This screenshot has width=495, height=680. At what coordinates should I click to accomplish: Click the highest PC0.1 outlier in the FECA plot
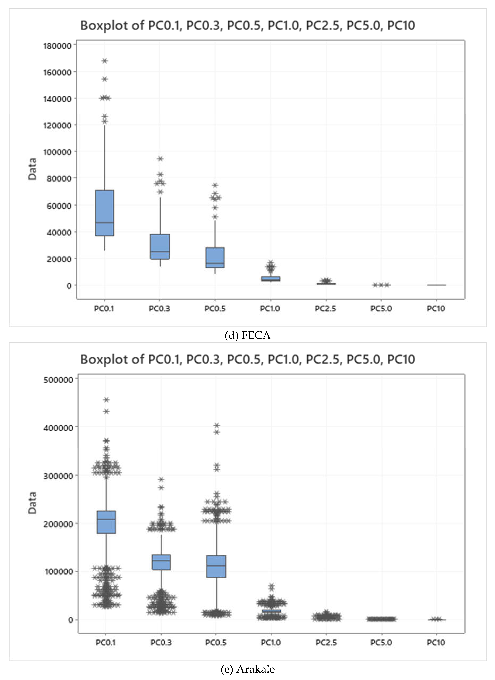[105, 61]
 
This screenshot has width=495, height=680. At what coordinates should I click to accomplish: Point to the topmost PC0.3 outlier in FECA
[160, 159]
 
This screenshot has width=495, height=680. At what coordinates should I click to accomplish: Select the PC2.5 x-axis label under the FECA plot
[325, 309]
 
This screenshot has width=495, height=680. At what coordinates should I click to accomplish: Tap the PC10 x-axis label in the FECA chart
[436, 309]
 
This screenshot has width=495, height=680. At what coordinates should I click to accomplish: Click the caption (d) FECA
[248, 335]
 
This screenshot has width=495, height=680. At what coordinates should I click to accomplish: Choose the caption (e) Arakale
[248, 669]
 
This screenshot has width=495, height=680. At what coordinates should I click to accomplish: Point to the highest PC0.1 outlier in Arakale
[106, 400]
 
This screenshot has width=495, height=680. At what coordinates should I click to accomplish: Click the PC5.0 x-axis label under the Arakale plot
[381, 643]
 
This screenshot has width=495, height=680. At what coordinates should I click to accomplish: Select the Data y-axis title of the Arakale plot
[32, 503]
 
